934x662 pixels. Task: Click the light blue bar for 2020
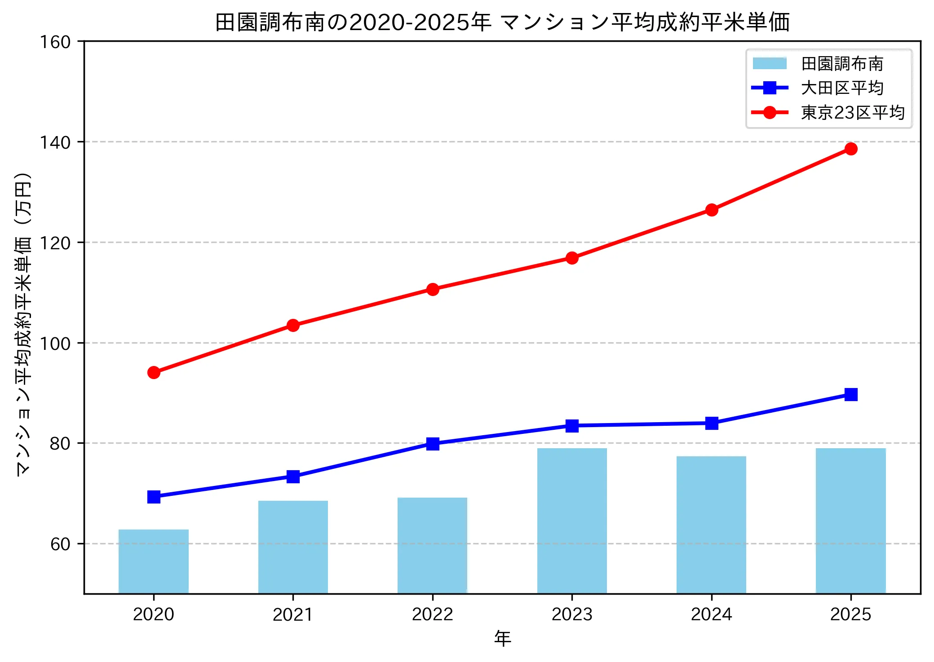154,561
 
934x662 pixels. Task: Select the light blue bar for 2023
572,521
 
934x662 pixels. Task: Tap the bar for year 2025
850,521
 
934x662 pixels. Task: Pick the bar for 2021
293,547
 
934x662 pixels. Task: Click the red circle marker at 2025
850,149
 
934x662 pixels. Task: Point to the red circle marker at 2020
154,372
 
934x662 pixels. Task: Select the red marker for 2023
572,258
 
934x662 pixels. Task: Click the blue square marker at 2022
433,444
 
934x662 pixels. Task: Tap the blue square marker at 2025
850,394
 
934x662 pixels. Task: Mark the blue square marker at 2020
154,497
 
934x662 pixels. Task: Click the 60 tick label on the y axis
60,544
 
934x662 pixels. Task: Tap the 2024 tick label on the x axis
711,614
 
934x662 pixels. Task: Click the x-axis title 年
502,638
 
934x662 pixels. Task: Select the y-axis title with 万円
23,323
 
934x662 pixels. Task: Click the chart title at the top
502,22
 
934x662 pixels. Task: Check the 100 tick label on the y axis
55,344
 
